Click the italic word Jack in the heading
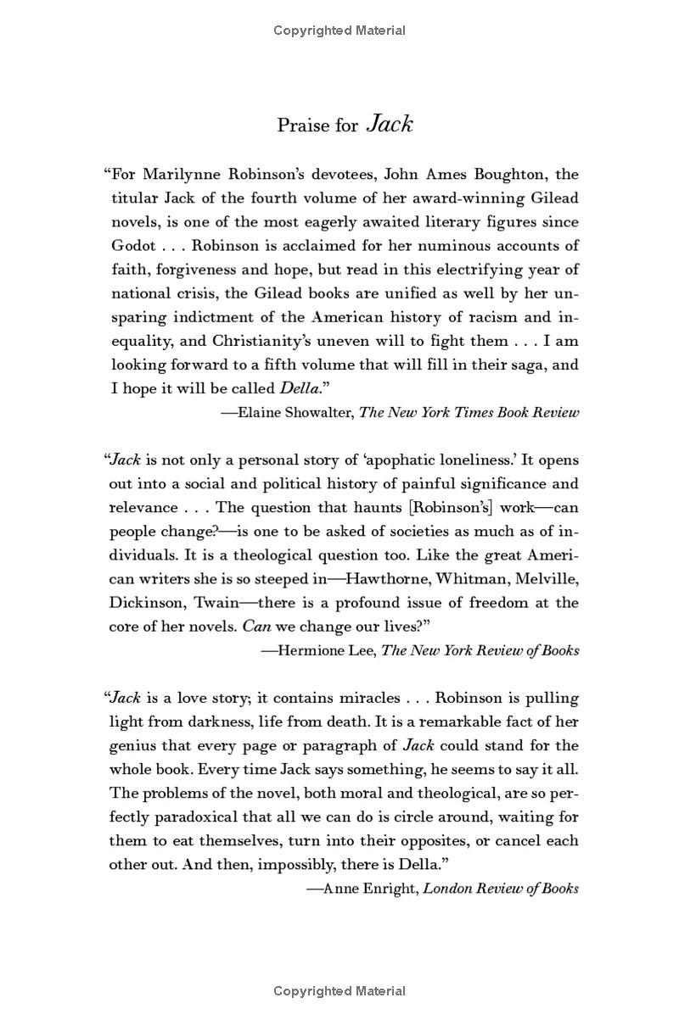[390, 125]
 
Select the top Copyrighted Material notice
[339, 31]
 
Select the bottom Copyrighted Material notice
[339, 990]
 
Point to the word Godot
[134, 246]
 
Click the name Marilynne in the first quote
[184, 175]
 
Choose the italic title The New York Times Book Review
[469, 413]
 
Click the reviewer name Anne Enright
[370, 889]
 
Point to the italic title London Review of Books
[502, 889]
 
